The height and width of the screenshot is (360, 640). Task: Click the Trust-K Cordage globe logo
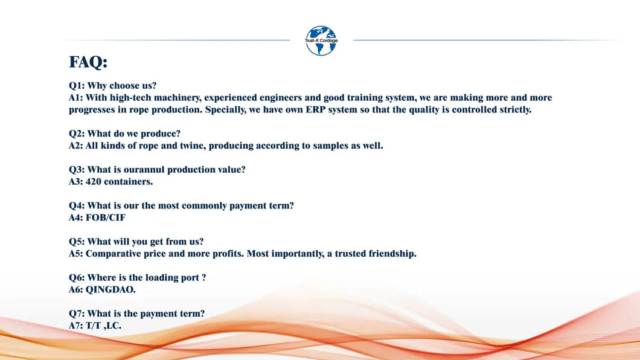[321, 41]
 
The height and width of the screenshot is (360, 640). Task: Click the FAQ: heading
[88, 62]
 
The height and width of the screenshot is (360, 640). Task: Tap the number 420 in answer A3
[94, 182]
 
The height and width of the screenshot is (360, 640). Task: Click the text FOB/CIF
[106, 217]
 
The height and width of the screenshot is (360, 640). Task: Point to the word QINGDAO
[110, 290]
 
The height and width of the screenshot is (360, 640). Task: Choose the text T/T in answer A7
[93, 326]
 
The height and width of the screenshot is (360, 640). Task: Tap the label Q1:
[77, 86]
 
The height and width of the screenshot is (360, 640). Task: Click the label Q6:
[77, 278]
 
